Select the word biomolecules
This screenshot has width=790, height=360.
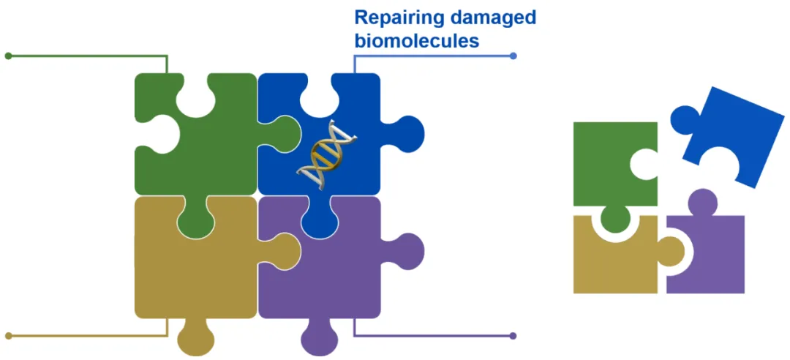417,40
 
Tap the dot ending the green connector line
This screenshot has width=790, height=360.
8,56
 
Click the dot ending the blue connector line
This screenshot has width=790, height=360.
513,56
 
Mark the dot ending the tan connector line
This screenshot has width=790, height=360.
8,336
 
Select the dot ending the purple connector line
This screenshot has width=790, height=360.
513,336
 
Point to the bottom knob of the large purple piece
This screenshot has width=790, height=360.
319,338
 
